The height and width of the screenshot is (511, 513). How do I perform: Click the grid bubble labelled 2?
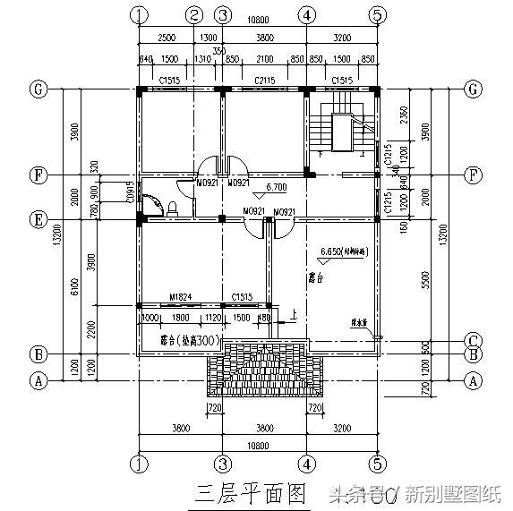(x=193, y=15)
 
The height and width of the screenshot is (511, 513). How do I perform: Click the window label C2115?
(x=265, y=81)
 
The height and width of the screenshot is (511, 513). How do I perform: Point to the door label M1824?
(x=184, y=296)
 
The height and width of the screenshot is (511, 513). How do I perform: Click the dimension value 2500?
(x=165, y=38)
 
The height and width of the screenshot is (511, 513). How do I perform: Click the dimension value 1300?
(x=208, y=38)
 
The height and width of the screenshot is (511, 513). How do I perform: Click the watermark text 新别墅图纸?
(x=453, y=493)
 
